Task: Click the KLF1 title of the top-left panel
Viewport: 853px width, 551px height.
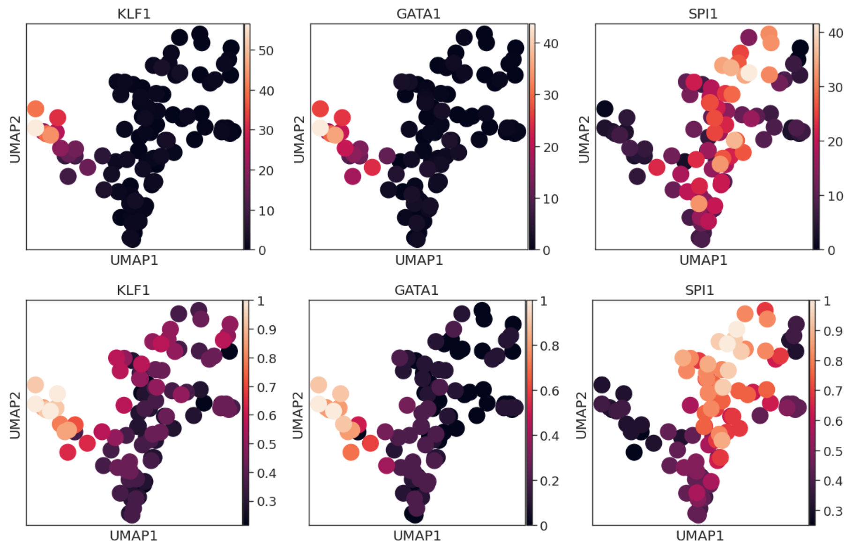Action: tap(134, 14)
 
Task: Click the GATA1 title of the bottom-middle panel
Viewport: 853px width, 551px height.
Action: tap(416, 290)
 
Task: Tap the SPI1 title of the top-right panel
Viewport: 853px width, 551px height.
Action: tap(703, 14)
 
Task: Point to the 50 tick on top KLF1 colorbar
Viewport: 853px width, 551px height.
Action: tap(266, 51)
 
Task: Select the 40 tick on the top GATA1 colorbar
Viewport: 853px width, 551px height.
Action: tap(551, 44)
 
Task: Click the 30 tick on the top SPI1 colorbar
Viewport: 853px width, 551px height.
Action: tap(835, 87)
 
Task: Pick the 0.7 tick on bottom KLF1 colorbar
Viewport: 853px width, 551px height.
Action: tap(266, 387)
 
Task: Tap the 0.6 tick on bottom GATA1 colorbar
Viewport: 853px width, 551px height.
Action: tap(549, 390)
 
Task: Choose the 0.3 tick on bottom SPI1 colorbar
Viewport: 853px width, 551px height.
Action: tap(833, 511)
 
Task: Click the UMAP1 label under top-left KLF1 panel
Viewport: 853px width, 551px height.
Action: tap(134, 260)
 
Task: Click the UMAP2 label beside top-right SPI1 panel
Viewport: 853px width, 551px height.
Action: tap(583, 139)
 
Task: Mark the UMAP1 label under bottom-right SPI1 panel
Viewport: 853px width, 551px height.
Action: tap(699, 536)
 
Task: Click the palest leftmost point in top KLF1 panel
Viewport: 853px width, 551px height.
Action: tap(35, 127)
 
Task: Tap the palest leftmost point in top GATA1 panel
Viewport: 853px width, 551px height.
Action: tap(320, 127)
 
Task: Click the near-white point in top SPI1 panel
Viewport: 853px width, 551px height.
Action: tap(748, 73)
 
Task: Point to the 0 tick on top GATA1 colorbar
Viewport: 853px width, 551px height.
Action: tap(546, 251)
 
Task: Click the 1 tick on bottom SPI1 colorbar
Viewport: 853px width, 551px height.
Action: tap(827, 301)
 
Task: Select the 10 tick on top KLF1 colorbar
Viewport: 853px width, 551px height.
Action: tap(266, 211)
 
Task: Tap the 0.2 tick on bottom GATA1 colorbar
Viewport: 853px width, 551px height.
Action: tap(549, 481)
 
